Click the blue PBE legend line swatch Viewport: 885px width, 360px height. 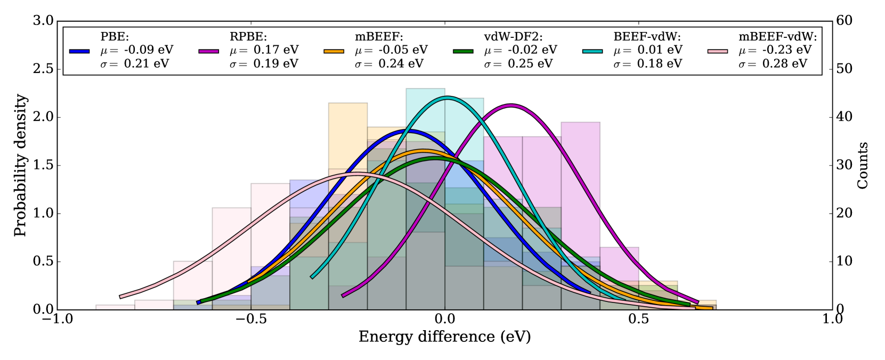click(79, 51)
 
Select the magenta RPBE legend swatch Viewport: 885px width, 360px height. click(209, 51)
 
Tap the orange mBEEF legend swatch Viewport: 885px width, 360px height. click(334, 51)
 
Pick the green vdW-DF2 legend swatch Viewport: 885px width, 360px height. click(464, 51)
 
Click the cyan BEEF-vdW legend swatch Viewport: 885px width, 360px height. click(592, 51)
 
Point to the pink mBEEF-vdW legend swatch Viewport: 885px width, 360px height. click(718, 51)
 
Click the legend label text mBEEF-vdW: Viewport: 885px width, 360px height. click(777, 37)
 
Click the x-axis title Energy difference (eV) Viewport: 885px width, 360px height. click(444, 337)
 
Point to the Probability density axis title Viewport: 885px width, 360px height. click(20, 165)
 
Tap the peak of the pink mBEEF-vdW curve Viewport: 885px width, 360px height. click(356, 174)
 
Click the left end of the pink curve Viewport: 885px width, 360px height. click(121, 297)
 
